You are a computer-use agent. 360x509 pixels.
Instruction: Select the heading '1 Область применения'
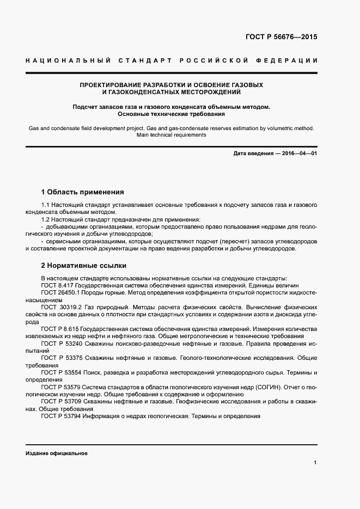82,192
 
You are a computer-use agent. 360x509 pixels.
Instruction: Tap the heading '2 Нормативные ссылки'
83,266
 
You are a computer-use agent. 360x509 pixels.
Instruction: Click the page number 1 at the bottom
315,462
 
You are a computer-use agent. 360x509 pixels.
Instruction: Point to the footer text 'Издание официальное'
56,453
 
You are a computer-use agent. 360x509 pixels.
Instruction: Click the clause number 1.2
46,219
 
